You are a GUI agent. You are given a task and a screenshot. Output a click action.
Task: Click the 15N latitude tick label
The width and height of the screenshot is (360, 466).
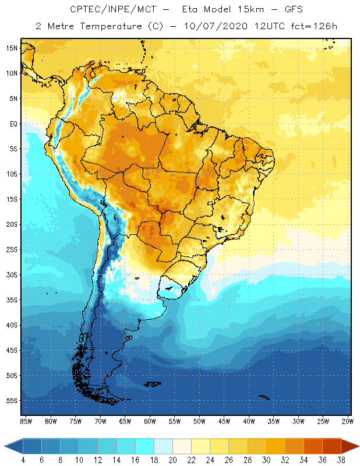[12, 48]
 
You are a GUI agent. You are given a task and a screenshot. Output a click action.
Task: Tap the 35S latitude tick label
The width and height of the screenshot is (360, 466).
[12, 300]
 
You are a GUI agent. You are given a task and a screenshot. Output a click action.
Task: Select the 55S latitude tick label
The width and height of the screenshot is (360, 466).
[12, 401]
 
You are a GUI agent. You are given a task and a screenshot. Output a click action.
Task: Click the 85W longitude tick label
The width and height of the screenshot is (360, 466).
[26, 421]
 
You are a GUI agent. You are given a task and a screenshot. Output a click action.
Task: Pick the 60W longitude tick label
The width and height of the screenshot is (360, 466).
[150, 421]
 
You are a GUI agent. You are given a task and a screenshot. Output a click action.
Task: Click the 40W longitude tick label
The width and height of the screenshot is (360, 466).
[249, 421]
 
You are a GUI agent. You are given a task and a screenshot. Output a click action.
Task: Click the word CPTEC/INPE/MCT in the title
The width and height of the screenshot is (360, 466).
[104, 10]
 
